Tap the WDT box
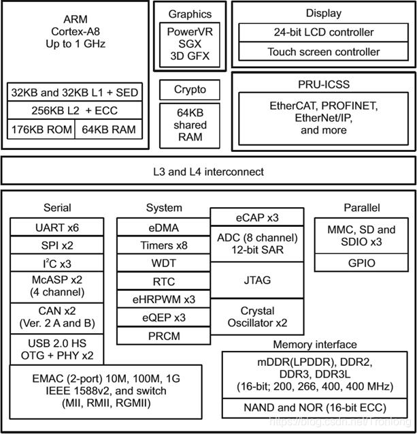pos(163,263)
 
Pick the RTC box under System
pos(163,281)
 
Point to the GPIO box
pos(361,263)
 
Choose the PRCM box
pos(163,335)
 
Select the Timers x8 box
pos(163,245)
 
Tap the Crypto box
pos(190,90)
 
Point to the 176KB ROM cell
pos(40,129)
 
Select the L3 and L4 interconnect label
pos(208,172)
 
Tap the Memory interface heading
pos(315,345)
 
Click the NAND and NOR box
pos(315,407)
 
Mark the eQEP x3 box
pos(163,317)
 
